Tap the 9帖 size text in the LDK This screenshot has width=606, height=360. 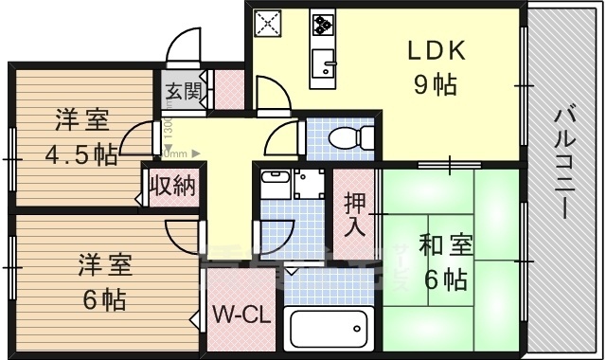point(435,85)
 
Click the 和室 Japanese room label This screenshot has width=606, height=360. point(442,245)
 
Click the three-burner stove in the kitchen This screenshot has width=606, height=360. point(322,24)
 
